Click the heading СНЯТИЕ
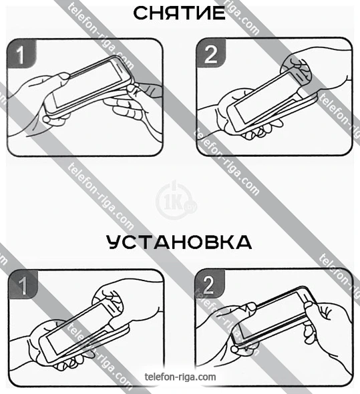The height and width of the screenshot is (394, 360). tap(179, 13)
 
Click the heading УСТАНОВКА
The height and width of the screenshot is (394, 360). tap(179, 242)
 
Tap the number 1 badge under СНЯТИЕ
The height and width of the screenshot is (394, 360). tap(21, 53)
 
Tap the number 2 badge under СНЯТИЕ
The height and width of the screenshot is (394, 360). tap(210, 53)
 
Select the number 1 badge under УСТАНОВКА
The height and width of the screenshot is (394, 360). tap(23, 284)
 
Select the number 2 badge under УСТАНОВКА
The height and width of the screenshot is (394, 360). tap(210, 284)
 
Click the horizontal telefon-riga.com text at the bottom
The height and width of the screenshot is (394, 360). tap(180, 377)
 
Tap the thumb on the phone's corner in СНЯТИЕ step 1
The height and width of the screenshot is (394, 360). tap(63, 76)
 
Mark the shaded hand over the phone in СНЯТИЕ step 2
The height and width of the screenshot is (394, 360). tap(297, 71)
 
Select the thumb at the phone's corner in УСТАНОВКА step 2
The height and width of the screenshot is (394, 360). tap(249, 307)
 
